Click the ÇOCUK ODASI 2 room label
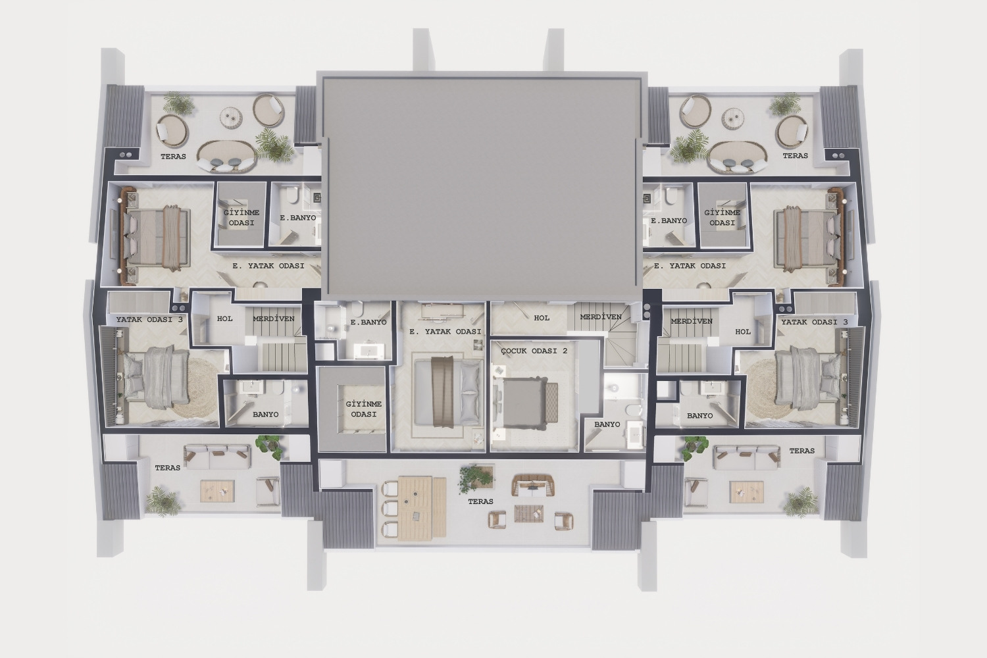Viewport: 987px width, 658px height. tap(534, 351)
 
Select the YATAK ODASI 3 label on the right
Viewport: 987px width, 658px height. tap(815, 322)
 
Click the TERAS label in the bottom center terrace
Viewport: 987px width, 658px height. tap(481, 501)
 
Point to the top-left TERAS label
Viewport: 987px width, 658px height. tap(173, 157)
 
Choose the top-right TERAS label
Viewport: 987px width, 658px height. tap(796, 155)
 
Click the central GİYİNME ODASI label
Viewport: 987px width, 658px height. tap(363, 409)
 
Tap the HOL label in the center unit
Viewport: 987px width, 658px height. tap(542, 318)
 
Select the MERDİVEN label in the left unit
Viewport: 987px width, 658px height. tap(274, 318)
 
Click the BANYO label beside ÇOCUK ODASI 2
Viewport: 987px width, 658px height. tap(607, 424)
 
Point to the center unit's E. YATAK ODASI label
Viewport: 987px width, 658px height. tap(445, 332)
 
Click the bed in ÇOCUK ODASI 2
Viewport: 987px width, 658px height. tap(526, 403)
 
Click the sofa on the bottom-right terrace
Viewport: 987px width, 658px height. tap(746, 457)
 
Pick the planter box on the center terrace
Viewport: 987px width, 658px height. tap(477, 478)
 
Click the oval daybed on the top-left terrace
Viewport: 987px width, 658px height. tap(226, 157)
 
